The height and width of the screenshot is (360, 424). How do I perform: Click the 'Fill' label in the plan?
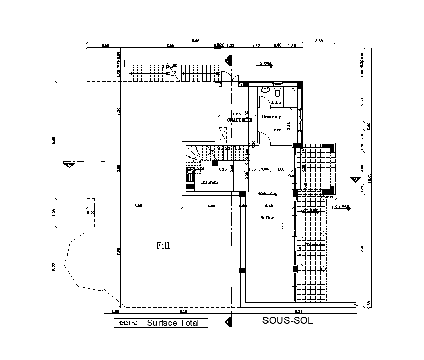[x=163, y=245]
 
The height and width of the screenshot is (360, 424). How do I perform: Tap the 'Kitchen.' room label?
[x=210, y=182]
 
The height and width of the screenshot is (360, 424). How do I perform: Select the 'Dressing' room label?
[x=272, y=117]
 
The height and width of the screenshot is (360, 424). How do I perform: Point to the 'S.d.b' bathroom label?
[x=276, y=103]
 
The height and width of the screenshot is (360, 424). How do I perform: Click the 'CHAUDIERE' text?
[x=239, y=120]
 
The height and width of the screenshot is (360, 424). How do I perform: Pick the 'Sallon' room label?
[x=267, y=218]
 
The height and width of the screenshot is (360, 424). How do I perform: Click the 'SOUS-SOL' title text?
[x=287, y=321]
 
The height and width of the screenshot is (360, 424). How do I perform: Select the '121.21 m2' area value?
[x=128, y=323]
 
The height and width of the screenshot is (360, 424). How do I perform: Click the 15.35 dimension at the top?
[x=195, y=40]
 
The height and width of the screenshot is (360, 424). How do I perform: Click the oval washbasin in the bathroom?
[x=265, y=90]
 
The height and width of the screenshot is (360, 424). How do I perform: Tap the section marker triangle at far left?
[x=68, y=165]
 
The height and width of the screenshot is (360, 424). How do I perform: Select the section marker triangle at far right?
[x=354, y=179]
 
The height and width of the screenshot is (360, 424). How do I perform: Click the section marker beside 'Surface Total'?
[x=227, y=321]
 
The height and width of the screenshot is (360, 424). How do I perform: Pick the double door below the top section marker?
[x=227, y=77]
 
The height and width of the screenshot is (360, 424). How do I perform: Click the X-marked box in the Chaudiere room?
[x=223, y=134]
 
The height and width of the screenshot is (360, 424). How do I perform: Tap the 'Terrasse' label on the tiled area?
[x=316, y=244]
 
